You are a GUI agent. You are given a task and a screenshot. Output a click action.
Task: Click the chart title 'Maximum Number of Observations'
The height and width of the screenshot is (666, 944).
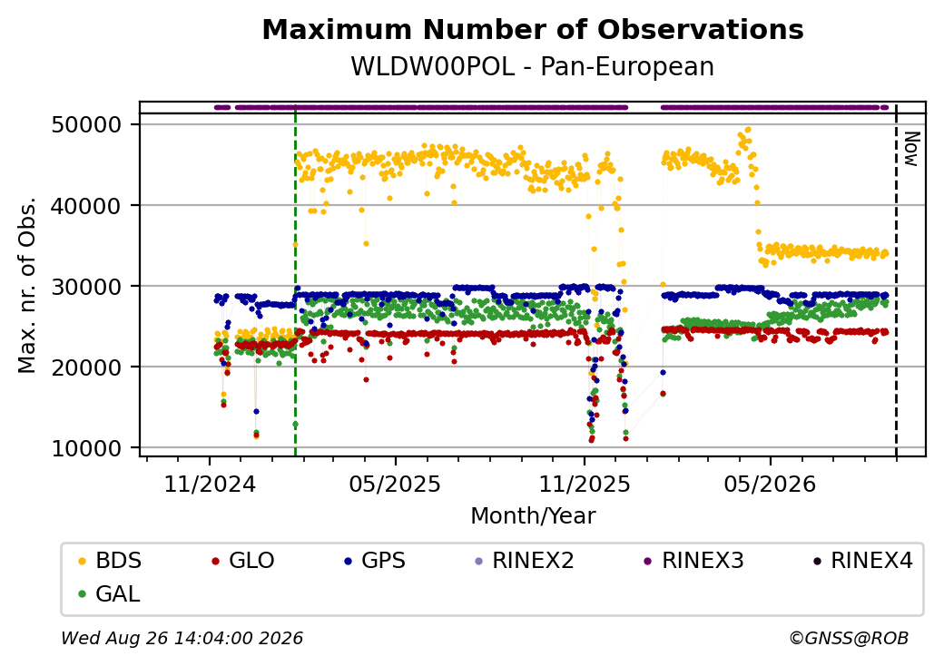pyautogui.click(x=533, y=29)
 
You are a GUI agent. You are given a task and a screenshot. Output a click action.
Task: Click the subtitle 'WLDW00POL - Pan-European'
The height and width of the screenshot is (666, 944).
pyautogui.click(x=532, y=66)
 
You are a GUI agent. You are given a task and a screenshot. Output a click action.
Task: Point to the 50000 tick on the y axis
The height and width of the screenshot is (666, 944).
pyautogui.click(x=87, y=125)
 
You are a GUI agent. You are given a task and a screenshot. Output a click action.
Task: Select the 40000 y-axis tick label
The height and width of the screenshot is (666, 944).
pyautogui.click(x=87, y=206)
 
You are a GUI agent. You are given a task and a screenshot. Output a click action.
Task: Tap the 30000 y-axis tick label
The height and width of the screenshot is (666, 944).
pyautogui.click(x=87, y=287)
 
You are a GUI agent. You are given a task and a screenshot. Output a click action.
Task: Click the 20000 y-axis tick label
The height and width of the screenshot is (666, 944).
pyautogui.click(x=87, y=367)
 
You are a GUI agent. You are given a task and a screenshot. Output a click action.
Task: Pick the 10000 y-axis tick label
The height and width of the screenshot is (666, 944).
pyautogui.click(x=87, y=448)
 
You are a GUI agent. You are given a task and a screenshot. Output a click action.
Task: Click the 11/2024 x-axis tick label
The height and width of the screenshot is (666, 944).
pyautogui.click(x=210, y=484)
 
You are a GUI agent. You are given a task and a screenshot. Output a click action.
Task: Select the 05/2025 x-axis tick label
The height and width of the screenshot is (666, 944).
pyautogui.click(x=395, y=484)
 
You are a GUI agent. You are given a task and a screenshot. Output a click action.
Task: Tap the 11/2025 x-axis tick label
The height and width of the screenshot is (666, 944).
pyautogui.click(x=584, y=484)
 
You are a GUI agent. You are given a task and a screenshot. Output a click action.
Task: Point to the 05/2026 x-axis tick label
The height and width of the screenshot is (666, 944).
pyautogui.click(x=770, y=484)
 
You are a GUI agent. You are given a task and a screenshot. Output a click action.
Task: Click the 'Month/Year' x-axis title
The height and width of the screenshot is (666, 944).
pyautogui.click(x=533, y=515)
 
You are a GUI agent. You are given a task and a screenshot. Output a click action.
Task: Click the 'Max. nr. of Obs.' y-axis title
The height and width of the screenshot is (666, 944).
pyautogui.click(x=27, y=285)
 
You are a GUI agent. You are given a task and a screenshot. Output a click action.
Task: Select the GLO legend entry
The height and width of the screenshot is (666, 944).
pyautogui.click(x=243, y=561)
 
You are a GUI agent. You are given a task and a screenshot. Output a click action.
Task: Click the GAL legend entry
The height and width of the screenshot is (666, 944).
pyautogui.click(x=110, y=593)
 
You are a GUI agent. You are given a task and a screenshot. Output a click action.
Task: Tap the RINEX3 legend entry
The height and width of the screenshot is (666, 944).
pyautogui.click(x=694, y=561)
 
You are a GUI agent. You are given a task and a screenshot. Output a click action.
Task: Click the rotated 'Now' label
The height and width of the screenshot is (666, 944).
pyautogui.click(x=911, y=149)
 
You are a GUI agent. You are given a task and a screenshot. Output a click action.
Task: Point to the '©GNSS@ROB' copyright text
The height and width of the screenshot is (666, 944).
pyautogui.click(x=849, y=638)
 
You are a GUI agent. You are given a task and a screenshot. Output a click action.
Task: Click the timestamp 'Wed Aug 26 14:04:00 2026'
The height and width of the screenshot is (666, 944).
pyautogui.click(x=182, y=638)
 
